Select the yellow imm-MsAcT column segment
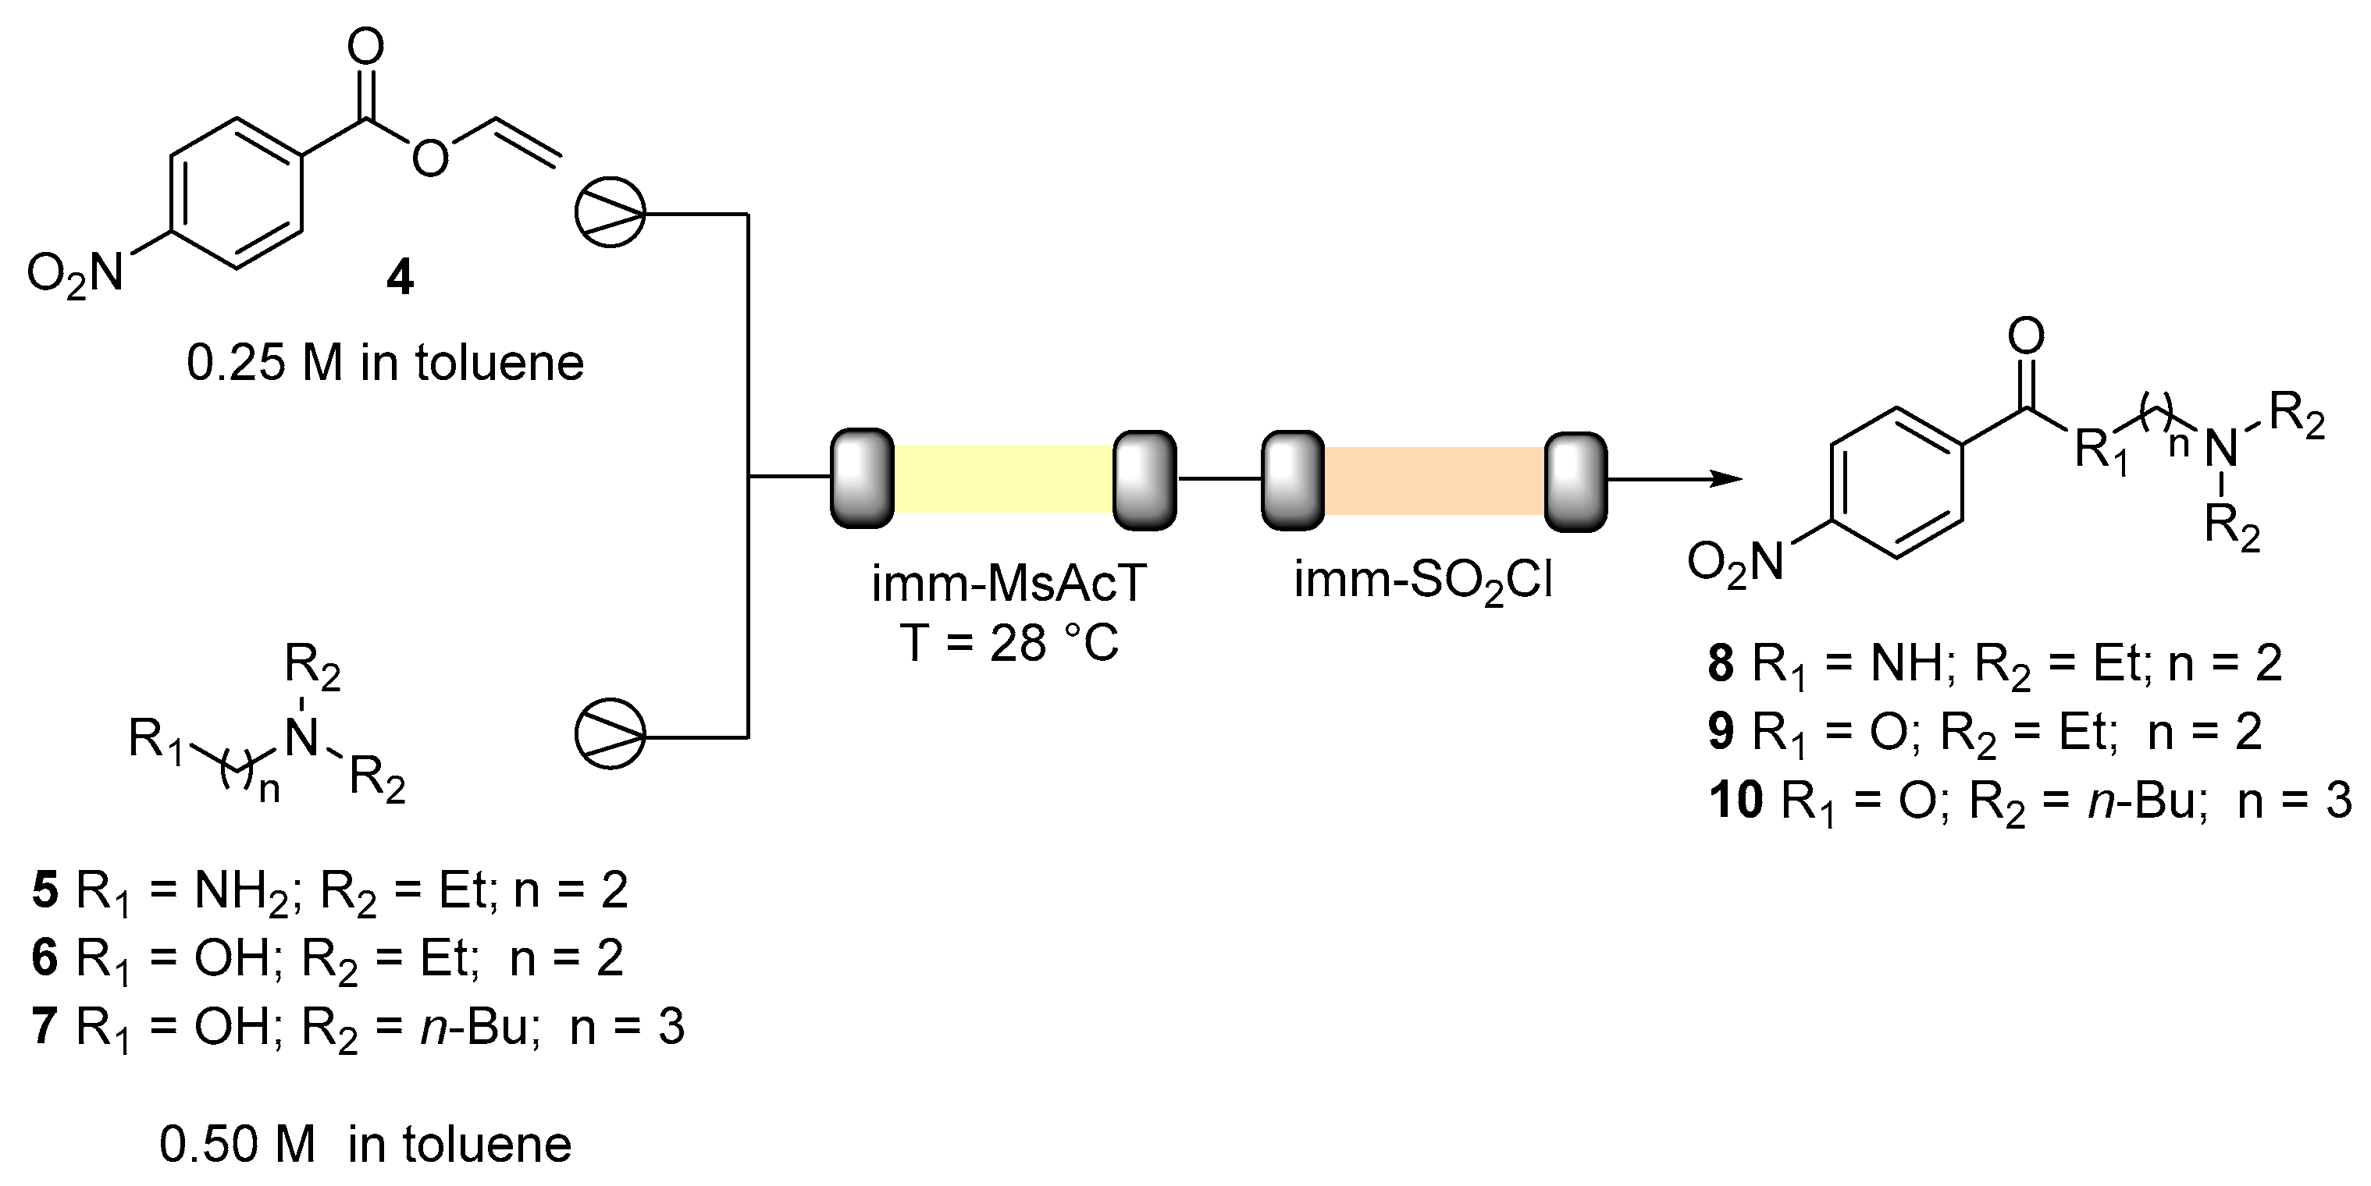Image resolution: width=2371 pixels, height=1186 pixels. point(1003,478)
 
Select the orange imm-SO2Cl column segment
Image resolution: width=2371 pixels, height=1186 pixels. point(1433,481)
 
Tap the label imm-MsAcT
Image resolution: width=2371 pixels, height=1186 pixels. point(1009,584)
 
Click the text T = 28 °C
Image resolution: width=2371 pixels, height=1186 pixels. point(1009,642)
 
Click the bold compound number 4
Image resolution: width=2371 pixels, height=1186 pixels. point(400,276)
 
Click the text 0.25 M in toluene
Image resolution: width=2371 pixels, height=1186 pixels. point(385,364)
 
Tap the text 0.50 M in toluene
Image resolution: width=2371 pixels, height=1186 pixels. point(365,1145)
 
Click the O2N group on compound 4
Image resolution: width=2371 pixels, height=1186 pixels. point(76,274)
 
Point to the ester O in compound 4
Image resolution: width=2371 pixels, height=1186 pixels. point(430,159)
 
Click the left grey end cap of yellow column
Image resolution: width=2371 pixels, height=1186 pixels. point(863,478)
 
